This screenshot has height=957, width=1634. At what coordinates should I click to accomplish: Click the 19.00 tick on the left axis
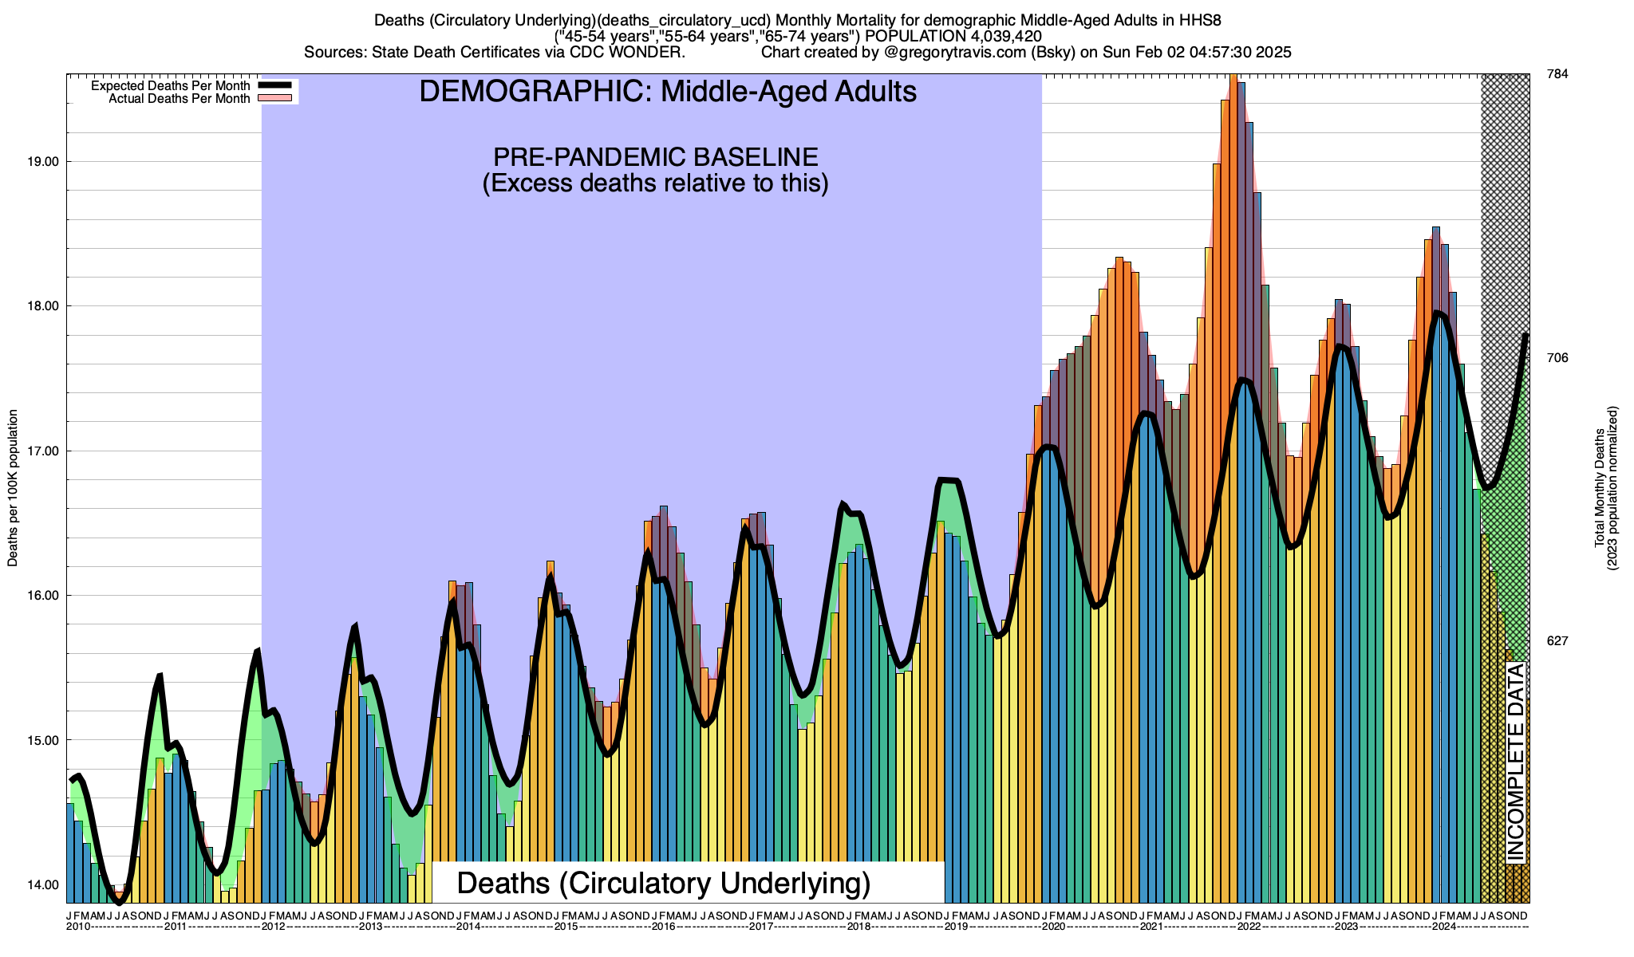coord(43,162)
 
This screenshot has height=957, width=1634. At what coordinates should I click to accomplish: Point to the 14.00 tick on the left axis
coord(43,885)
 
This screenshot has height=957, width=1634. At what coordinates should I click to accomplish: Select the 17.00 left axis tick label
coord(43,451)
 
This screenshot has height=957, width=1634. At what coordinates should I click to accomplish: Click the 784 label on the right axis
coord(1557,74)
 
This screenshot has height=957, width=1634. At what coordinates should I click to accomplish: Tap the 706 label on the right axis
coord(1557,358)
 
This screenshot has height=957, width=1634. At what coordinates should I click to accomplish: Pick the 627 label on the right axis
coord(1557,641)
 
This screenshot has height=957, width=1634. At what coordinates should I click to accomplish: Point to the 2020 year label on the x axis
coord(1053,927)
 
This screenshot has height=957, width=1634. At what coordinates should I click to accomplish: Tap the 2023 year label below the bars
coord(1346,927)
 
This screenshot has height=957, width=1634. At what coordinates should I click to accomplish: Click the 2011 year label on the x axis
coord(176,927)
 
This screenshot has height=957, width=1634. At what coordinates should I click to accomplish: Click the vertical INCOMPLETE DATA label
coord(1515,763)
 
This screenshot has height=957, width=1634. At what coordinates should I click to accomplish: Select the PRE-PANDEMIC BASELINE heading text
coord(655,156)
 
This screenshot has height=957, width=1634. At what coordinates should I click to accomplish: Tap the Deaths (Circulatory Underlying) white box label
coord(663,884)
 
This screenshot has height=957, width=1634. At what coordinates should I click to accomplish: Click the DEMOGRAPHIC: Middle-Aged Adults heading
coord(668,92)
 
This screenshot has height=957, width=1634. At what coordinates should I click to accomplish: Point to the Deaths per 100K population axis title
coord(13,488)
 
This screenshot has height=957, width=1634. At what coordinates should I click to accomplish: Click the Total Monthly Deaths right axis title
coord(1605,488)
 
